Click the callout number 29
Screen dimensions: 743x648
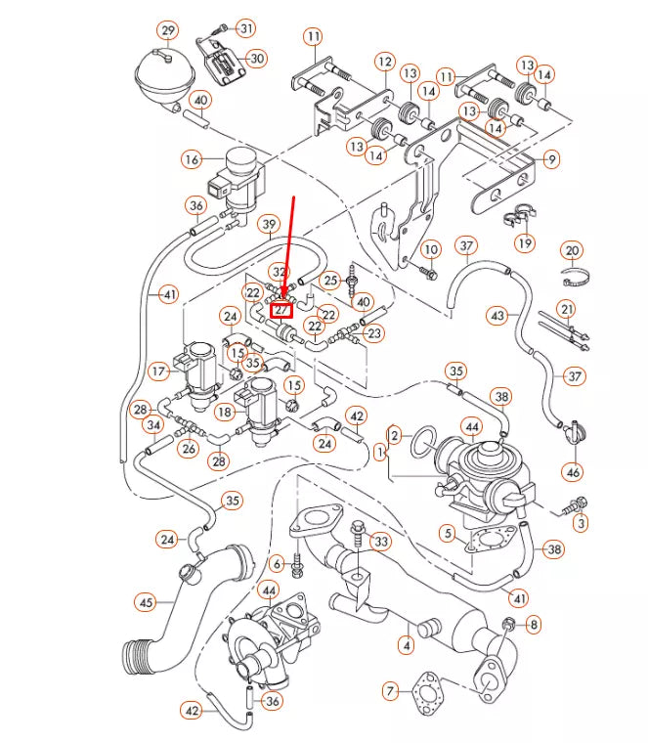point(168,31)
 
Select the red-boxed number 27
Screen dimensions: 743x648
point(282,310)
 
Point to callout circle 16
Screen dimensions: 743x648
point(192,158)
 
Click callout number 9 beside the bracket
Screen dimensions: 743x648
point(552,158)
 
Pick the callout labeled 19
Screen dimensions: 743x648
point(525,242)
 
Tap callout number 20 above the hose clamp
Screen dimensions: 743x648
point(573,251)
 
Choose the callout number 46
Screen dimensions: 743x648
point(573,472)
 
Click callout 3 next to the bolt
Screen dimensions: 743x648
point(582,524)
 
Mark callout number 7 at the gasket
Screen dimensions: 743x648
point(390,692)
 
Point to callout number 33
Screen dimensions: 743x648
point(381,541)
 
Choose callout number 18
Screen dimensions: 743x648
point(226,413)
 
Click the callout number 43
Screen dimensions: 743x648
point(498,316)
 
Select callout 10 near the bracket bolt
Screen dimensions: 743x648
point(430,250)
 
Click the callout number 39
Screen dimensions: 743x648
point(270,226)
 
